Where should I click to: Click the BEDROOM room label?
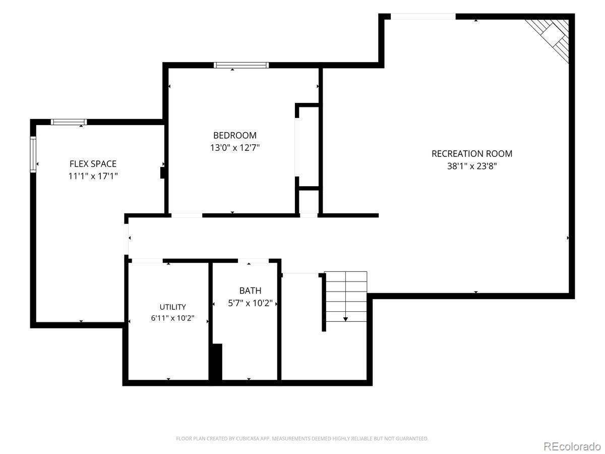pyautogui.click(x=235, y=135)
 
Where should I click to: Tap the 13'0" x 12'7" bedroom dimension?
pyautogui.click(x=235, y=148)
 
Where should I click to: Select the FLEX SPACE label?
pyautogui.click(x=93, y=164)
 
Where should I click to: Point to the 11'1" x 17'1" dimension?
pyautogui.click(x=93, y=176)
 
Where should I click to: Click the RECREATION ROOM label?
pyautogui.click(x=471, y=154)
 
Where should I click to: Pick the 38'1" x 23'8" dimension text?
pyautogui.click(x=471, y=166)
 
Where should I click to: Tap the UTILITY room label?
pyautogui.click(x=172, y=307)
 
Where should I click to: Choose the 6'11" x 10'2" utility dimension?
pyautogui.click(x=172, y=318)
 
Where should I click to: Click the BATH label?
pyautogui.click(x=250, y=291)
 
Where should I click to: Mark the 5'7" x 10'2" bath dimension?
pyautogui.click(x=250, y=303)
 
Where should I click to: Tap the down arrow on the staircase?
pyautogui.click(x=345, y=319)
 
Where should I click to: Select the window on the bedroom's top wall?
pyautogui.click(x=241, y=66)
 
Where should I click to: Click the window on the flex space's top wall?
pyautogui.click(x=69, y=122)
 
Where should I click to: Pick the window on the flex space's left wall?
pyautogui.click(x=33, y=154)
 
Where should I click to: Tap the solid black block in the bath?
pyautogui.click(x=216, y=362)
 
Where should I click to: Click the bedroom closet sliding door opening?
pyautogui.click(x=297, y=147)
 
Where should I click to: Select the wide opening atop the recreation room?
pyautogui.click(x=423, y=17)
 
